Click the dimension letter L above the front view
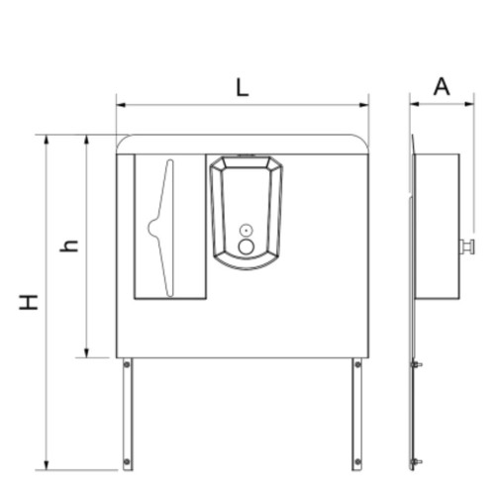(x=242, y=86)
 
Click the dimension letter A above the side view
(x=442, y=86)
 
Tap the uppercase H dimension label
(x=30, y=301)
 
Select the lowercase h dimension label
(x=68, y=244)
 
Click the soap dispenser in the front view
(x=247, y=212)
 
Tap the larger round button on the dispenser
(x=247, y=247)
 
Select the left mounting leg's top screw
(x=127, y=365)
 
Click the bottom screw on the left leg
(x=127, y=461)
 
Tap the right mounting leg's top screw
(x=357, y=365)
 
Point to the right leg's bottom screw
(x=357, y=461)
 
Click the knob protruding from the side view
(x=467, y=247)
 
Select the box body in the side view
(x=437, y=226)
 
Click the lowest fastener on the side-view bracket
(x=417, y=461)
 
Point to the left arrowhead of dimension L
(x=120, y=103)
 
